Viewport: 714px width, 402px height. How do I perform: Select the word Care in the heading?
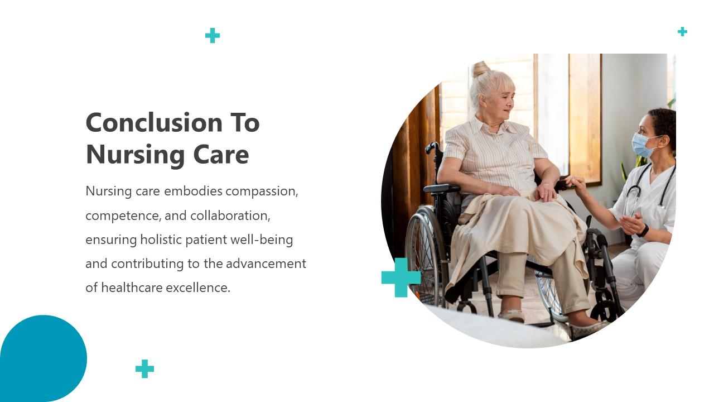pyautogui.click(x=221, y=155)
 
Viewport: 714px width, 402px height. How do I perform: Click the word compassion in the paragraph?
pyautogui.click(x=262, y=192)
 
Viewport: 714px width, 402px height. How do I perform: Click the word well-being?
pyautogui.click(x=262, y=240)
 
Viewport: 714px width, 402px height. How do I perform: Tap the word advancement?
pyautogui.click(x=266, y=264)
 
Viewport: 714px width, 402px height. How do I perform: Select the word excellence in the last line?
pyautogui.click(x=198, y=288)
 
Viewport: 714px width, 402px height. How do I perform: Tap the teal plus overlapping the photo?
pyautogui.click(x=401, y=277)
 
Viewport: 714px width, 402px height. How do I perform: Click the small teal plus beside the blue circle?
pyautogui.click(x=144, y=369)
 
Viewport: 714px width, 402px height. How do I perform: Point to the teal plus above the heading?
pyautogui.click(x=213, y=35)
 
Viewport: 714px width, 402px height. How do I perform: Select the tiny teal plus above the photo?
pyautogui.click(x=682, y=32)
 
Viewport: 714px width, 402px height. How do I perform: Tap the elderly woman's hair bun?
pyautogui.click(x=480, y=69)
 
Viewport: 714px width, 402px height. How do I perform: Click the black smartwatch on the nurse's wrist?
pyautogui.click(x=643, y=231)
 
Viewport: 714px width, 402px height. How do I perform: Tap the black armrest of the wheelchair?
pyautogui.click(x=442, y=188)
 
